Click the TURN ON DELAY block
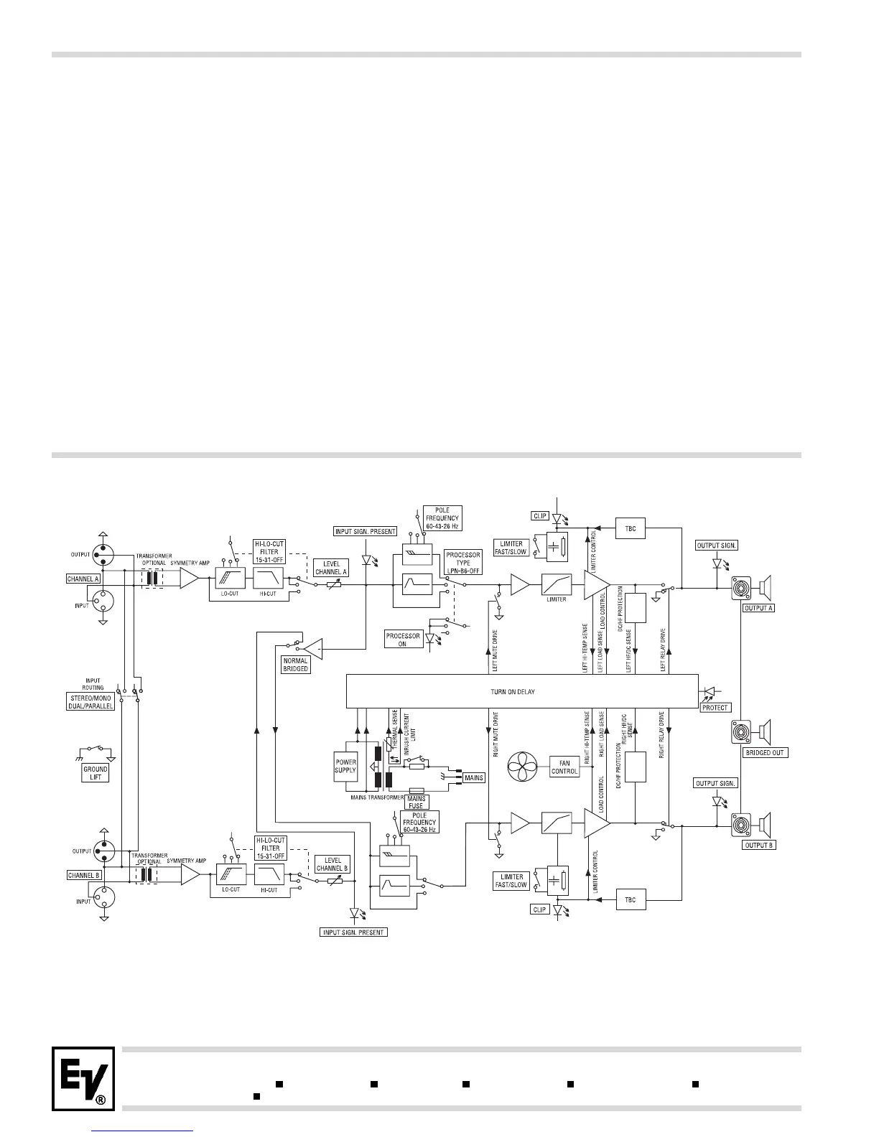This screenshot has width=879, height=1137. (x=522, y=692)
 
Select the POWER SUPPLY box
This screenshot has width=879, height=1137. (x=345, y=766)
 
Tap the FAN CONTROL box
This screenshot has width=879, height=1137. (x=564, y=767)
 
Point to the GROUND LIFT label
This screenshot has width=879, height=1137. (x=96, y=772)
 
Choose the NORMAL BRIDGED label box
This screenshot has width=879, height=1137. (x=295, y=665)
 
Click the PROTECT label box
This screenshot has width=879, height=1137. (x=715, y=707)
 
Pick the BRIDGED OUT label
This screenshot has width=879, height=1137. (x=765, y=753)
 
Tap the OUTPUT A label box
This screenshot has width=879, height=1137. (x=759, y=607)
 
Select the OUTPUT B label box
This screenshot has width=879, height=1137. (x=759, y=845)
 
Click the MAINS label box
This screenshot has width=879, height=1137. (x=475, y=777)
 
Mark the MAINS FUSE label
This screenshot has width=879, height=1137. (x=417, y=802)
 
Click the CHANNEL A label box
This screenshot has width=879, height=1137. (x=84, y=578)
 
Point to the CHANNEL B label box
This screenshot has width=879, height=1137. (x=84, y=875)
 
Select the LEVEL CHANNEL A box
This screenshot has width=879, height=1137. (x=331, y=568)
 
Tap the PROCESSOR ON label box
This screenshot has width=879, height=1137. (x=403, y=640)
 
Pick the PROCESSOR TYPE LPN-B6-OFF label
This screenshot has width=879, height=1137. (x=463, y=563)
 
